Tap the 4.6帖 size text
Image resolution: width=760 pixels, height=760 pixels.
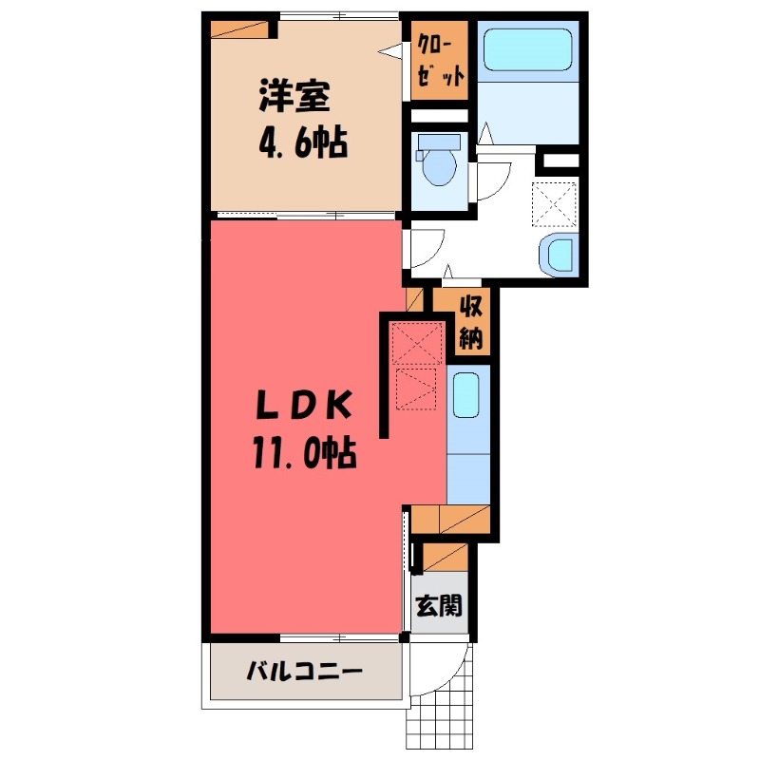(302, 144)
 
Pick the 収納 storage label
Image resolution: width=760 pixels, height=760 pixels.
(472, 323)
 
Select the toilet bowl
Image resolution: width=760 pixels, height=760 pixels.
(439, 165)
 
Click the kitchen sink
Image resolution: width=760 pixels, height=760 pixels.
(465, 394)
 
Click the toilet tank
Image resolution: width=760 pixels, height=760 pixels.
(439, 143)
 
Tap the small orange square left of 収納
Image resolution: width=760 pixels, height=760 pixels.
(413, 300)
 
